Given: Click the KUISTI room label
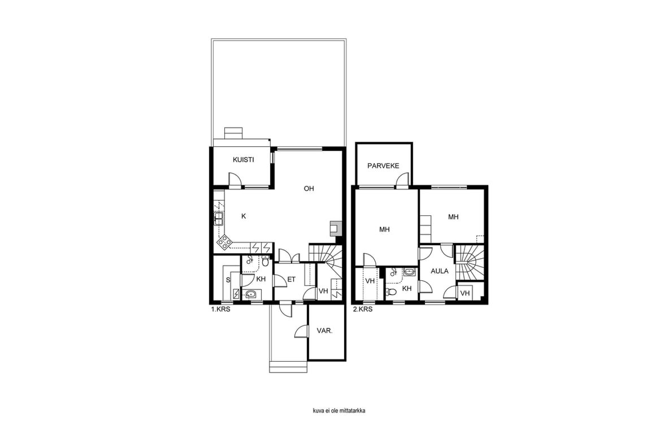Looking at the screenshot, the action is (244, 160).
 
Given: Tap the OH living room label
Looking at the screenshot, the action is (309, 189).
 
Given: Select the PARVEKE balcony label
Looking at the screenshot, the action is (383, 166).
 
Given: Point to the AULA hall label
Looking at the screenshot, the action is (439, 271).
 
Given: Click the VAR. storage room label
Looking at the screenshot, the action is (325, 331).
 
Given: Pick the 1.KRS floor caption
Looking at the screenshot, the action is (221, 310).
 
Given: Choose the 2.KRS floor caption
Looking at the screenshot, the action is (363, 310).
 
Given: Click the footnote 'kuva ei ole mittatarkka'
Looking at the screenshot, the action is (339, 411).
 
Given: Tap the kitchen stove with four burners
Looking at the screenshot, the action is (224, 242).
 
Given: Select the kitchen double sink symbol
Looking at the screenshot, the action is (219, 218).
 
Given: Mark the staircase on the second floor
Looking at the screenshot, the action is (470, 262).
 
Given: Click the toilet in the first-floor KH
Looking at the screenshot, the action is (265, 261).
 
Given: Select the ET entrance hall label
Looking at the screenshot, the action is (292, 280).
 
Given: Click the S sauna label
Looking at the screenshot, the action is (228, 280).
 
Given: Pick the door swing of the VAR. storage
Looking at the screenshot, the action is (301, 331).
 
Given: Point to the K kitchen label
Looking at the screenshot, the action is (244, 216).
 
